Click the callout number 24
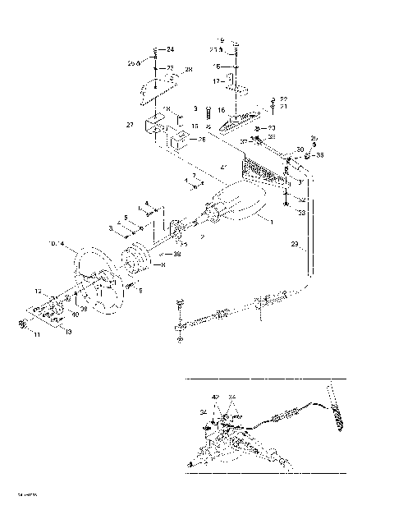coord(170,50)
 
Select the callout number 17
coord(218,81)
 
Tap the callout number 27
coord(129,125)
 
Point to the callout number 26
coord(202,140)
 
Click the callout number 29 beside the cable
coord(294,245)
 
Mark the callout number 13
coord(67,331)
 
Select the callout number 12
coord(38,291)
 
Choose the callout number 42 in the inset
coord(215,397)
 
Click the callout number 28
coord(189,70)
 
